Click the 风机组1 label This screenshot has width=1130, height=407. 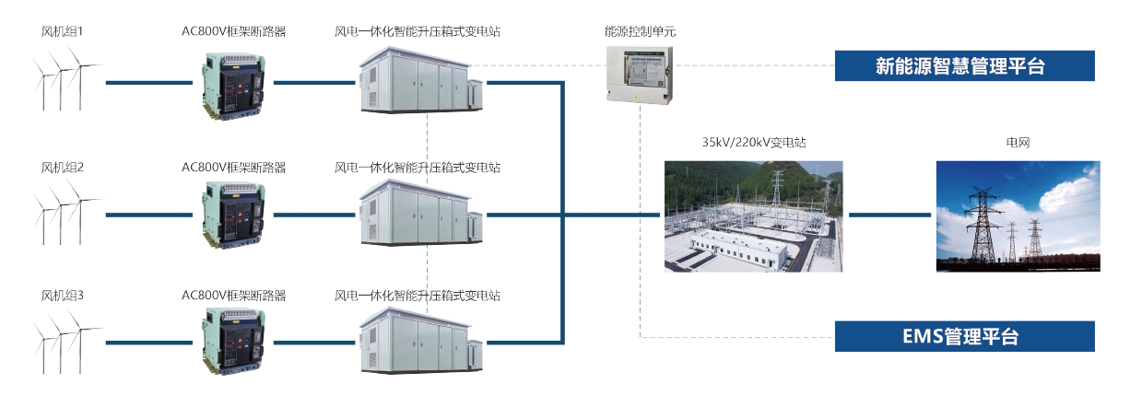point(63,32)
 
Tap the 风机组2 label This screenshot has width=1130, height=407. point(63,168)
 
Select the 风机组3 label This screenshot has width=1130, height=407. point(63,296)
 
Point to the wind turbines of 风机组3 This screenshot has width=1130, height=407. point(65,341)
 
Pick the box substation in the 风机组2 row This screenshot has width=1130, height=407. point(419,215)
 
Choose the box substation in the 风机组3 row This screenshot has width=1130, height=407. point(419,343)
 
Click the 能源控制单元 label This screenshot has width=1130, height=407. point(640,31)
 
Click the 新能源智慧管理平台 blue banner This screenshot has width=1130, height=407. point(965,66)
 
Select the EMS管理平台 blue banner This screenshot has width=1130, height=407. point(965,336)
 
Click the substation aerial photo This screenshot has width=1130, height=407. point(754,216)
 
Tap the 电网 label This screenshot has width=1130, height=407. point(1018,143)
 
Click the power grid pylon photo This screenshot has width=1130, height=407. point(1018,216)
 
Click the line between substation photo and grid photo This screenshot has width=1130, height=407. point(889,215)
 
